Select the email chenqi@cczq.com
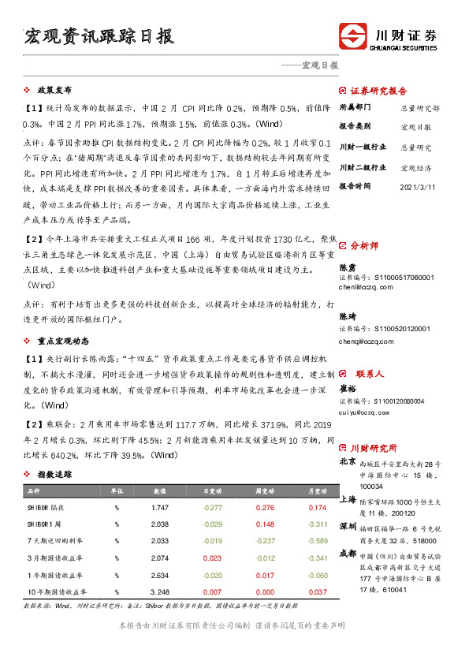pyautogui.click(x=367, y=342)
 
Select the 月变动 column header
pyautogui.click(x=317, y=491)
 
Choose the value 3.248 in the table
pyautogui.click(x=160, y=591)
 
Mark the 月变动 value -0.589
pyautogui.click(x=317, y=540)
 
